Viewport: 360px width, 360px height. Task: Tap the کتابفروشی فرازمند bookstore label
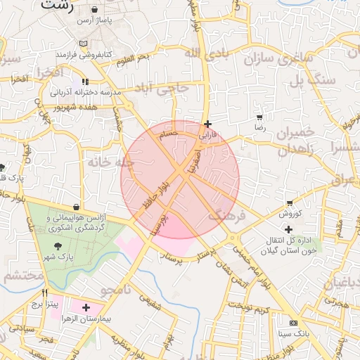[x=89, y=54]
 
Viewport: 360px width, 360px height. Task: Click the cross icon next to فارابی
[x=207, y=123]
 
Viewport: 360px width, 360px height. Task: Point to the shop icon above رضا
[x=260, y=117]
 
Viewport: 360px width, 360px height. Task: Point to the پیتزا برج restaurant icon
[x=44, y=294]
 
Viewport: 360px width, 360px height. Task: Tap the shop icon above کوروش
[x=289, y=202]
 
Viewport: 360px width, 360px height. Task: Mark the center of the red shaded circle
[x=180, y=179]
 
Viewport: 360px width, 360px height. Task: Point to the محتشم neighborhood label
[x=20, y=276]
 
